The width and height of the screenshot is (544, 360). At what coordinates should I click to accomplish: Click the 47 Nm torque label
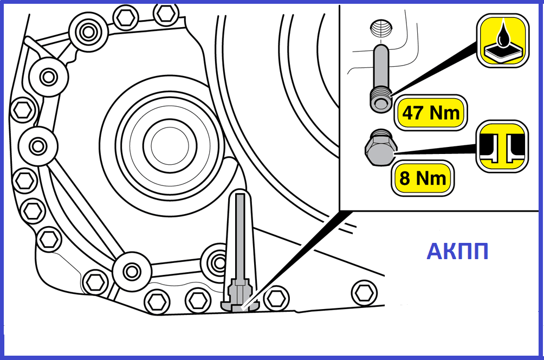430,112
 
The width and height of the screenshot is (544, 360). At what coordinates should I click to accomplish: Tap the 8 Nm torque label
423,178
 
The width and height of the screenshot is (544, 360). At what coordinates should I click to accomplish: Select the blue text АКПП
458,252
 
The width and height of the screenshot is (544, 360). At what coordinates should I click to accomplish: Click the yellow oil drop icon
502,41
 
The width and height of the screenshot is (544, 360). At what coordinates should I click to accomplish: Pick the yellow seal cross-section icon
502,146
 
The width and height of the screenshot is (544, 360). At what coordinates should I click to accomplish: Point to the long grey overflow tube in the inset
380,78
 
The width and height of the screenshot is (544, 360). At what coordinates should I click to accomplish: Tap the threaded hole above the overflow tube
381,28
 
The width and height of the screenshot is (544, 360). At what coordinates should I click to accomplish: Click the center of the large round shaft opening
170,145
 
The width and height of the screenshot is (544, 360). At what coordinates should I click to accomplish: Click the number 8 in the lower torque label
405,178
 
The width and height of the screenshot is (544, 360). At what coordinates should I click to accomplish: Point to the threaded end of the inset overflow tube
380,101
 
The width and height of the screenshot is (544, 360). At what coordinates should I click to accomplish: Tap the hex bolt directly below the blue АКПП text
364,293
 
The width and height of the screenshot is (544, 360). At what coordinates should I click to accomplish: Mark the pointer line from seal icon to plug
436,150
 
